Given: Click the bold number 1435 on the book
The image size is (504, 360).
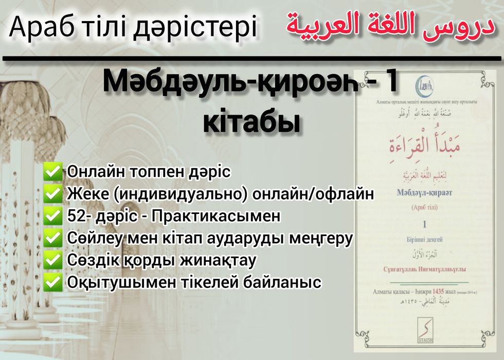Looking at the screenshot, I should tap(441, 292).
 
